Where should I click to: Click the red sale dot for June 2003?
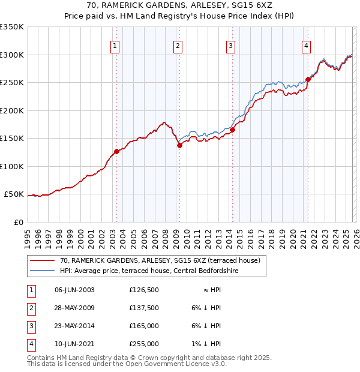point(116,152)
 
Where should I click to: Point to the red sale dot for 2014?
point(232,130)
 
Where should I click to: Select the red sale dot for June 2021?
point(308,79)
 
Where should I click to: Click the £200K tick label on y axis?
point(12,110)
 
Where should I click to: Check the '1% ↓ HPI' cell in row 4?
point(208,344)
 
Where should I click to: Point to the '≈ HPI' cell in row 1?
point(212,289)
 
